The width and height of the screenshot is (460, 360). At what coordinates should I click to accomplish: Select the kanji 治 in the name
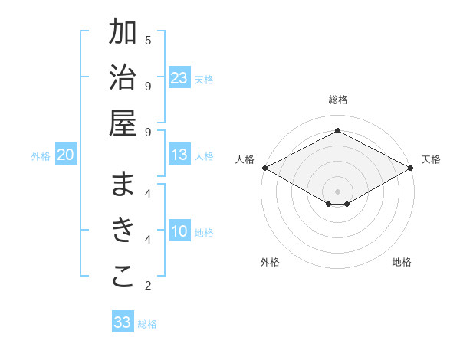click(123, 79)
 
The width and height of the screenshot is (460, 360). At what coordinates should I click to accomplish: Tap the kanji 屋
click(123, 124)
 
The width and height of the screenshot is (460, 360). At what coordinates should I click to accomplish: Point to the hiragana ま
click(123, 186)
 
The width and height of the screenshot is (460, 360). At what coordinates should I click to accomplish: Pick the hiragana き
click(123, 231)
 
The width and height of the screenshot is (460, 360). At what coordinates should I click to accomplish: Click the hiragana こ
click(123, 277)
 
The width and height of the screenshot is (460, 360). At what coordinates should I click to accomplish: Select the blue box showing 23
click(179, 78)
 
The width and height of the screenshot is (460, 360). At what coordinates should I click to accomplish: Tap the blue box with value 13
click(179, 155)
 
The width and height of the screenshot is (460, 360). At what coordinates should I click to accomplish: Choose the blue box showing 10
click(179, 232)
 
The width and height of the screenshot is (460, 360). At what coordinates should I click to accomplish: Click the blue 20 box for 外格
click(65, 155)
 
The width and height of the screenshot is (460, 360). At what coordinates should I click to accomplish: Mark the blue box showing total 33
click(123, 322)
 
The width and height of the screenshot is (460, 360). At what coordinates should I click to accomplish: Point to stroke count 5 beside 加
click(148, 40)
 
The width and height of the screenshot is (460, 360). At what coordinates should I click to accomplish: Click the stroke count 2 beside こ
click(148, 286)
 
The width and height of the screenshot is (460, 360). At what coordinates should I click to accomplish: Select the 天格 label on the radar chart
click(431, 159)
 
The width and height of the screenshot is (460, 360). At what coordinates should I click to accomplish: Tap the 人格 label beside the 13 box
click(204, 156)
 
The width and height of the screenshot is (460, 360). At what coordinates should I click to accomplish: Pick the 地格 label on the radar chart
click(402, 262)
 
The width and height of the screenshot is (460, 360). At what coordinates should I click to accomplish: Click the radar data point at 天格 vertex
click(412, 168)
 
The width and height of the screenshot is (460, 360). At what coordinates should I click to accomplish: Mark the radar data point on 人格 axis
click(264, 168)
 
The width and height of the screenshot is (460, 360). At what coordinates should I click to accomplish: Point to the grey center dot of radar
click(338, 191)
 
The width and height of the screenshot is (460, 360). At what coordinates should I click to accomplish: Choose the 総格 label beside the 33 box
click(147, 323)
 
